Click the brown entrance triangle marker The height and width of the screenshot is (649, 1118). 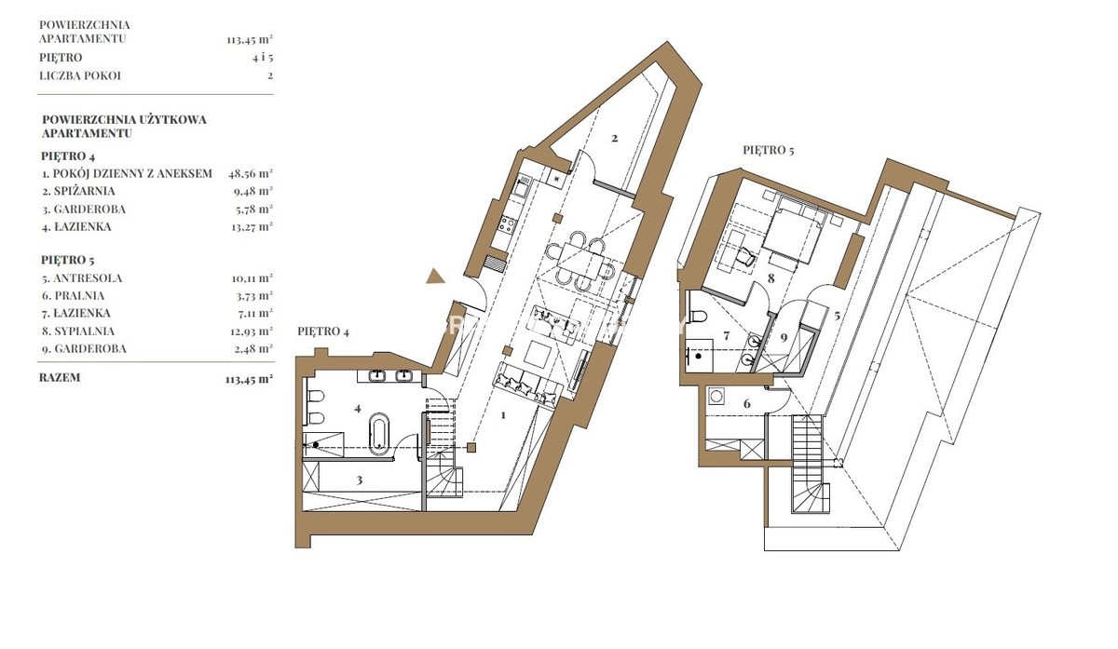(x=435, y=277)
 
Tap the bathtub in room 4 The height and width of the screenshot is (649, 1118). (x=379, y=434)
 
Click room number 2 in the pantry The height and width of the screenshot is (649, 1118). (x=614, y=138)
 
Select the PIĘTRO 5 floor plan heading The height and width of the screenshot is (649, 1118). (x=768, y=150)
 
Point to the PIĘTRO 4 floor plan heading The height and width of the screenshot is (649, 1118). (x=323, y=331)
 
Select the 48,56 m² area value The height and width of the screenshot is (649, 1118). (x=251, y=173)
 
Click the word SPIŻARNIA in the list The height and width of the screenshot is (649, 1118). (x=85, y=191)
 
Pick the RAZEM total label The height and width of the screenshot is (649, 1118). (x=60, y=378)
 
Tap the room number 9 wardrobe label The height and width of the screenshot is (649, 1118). (x=784, y=338)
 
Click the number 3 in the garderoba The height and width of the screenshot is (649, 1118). (x=359, y=480)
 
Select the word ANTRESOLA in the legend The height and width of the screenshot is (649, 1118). (x=88, y=278)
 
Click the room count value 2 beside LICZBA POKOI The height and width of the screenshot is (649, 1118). (x=270, y=75)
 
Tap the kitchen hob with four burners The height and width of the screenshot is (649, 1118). (x=508, y=224)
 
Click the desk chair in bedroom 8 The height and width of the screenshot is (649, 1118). (x=744, y=256)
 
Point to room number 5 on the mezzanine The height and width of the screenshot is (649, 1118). (x=837, y=316)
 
